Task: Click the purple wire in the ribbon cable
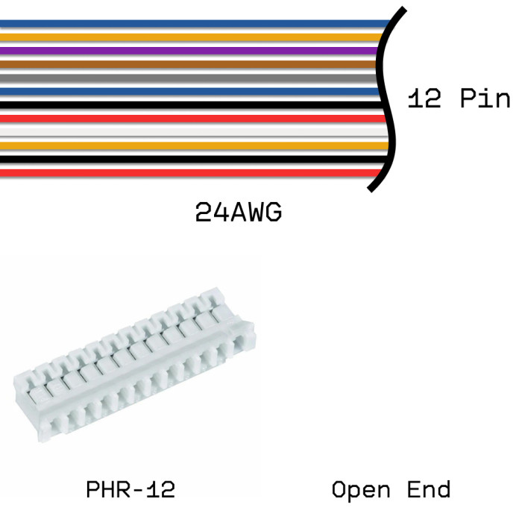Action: tap(186, 51)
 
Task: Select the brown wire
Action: tap(186, 64)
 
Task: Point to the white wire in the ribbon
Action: tap(186, 132)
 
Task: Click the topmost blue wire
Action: tap(186, 23)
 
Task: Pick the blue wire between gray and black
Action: tap(186, 91)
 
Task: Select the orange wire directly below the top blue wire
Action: tap(186, 37)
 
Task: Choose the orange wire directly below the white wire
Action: tap(186, 145)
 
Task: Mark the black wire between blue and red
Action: tap(186, 104)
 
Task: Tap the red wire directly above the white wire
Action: tap(186, 118)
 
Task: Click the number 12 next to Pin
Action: tap(424, 98)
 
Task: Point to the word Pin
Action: tap(485, 98)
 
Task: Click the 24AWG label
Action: tap(239, 213)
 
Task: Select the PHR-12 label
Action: tap(130, 490)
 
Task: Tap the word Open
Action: tap(361, 491)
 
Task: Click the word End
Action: tap(429, 490)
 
